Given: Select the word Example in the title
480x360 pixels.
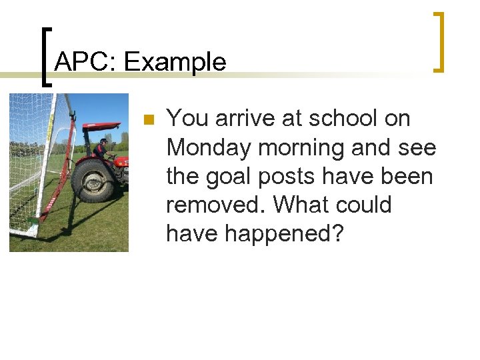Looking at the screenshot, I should [175, 62].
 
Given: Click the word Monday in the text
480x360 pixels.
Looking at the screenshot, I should [208, 147].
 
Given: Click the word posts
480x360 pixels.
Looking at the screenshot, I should [291, 176].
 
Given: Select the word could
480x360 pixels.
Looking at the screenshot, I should [366, 205].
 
